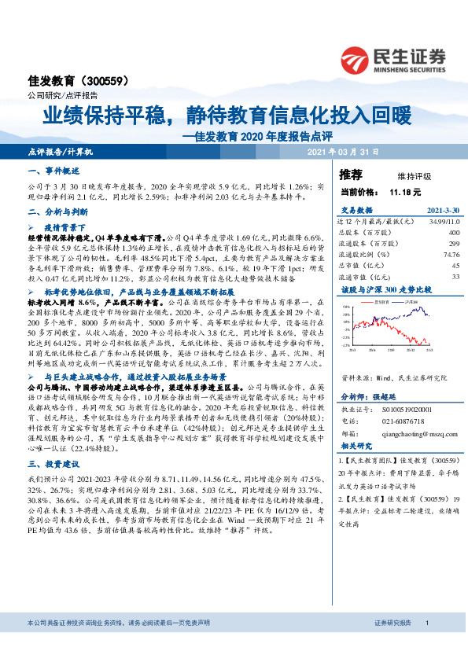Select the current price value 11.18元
pyautogui.click(x=405, y=191)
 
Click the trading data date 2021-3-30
pyautogui.click(x=442, y=211)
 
